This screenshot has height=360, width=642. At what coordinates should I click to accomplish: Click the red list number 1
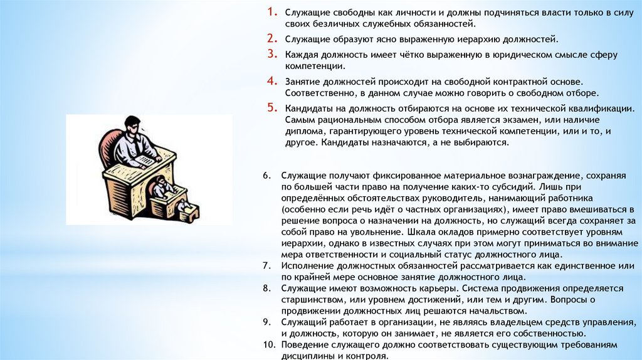tap(272, 12)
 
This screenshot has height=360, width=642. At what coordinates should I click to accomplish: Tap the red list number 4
tap(272, 81)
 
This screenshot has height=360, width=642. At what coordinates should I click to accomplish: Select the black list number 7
tap(267, 266)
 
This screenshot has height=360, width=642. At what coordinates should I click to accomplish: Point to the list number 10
tap(270, 345)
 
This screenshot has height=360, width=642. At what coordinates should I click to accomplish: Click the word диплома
tap(305, 132)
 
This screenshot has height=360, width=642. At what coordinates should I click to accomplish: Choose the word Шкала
tap(419, 232)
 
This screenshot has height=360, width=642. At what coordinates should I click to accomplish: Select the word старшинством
tap(312, 300)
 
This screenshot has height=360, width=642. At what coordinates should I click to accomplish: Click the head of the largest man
tap(133, 125)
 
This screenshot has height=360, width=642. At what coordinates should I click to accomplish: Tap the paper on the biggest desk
tap(145, 160)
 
